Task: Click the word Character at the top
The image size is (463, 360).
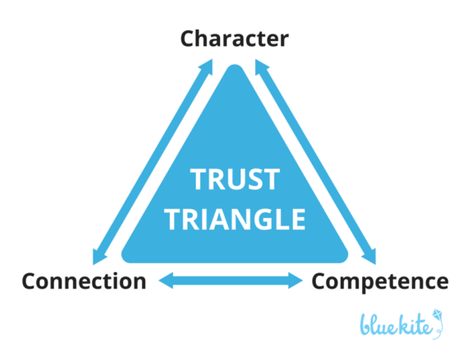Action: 234,39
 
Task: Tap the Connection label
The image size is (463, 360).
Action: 84,281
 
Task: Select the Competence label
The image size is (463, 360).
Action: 379,281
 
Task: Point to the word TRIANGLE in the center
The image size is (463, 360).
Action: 236,219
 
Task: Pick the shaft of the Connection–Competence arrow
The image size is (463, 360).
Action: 231,281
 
